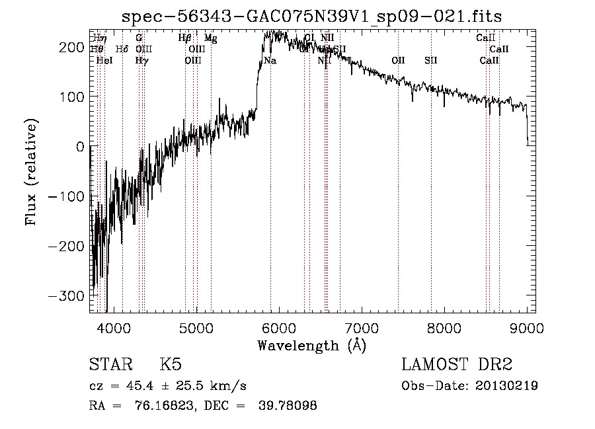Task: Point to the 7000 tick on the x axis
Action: click(362, 327)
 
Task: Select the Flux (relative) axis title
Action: click(32, 172)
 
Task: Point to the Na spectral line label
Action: click(270, 61)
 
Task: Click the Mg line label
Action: click(210, 38)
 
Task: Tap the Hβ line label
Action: click(185, 38)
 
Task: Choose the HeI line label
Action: click(104, 61)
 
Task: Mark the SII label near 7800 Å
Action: click(431, 61)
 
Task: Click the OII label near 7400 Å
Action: click(398, 61)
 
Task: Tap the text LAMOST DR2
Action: click(457, 366)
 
